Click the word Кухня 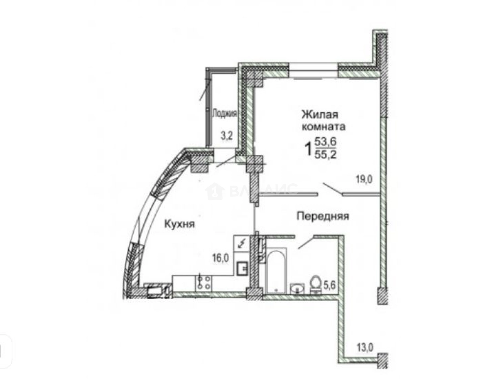(x=179, y=224)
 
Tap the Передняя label (x=323, y=216)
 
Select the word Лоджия (x=224, y=113)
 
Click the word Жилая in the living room (x=320, y=115)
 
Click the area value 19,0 (x=364, y=179)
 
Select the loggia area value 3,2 (x=227, y=136)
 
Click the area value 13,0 (x=365, y=347)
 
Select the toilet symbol (x=315, y=283)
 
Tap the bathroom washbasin (x=297, y=288)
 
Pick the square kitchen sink (x=242, y=268)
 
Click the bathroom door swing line (x=305, y=242)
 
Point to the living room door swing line (x=333, y=189)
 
